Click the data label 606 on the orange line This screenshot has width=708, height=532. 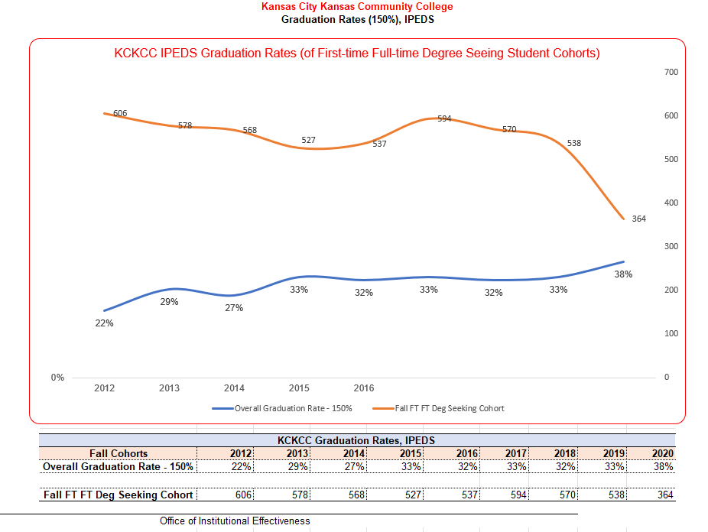point(120,113)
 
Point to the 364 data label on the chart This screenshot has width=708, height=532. point(639,219)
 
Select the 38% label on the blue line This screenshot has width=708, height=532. point(623,274)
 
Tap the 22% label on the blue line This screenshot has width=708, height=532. point(104,323)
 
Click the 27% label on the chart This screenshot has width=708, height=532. point(234,308)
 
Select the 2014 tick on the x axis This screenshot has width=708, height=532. point(234,388)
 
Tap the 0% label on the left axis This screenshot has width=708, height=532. point(57,378)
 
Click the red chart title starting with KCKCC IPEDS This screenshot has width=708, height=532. point(357,54)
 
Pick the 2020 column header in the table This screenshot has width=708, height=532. point(662,454)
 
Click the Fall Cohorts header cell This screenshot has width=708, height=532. point(119,454)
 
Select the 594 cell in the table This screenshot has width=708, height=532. point(518,495)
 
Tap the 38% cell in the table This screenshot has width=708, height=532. point(662,466)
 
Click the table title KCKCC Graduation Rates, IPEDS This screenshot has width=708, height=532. point(356,440)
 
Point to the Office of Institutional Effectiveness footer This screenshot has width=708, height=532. point(235,521)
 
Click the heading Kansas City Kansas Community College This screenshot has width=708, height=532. point(357,7)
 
